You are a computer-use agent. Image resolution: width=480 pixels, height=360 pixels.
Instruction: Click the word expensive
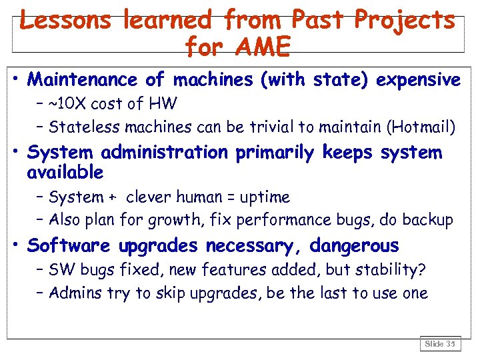click(418, 80)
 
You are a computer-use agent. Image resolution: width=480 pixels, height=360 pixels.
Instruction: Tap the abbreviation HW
click(163, 104)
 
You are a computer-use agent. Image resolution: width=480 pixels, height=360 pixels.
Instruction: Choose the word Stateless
click(81, 126)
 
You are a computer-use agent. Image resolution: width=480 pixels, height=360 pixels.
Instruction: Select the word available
click(65, 173)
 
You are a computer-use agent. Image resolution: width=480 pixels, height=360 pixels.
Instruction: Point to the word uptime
click(266, 197)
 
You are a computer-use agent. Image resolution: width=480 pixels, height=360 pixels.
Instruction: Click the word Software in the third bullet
click(69, 246)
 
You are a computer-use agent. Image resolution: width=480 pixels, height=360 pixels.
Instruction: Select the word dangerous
click(354, 246)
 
